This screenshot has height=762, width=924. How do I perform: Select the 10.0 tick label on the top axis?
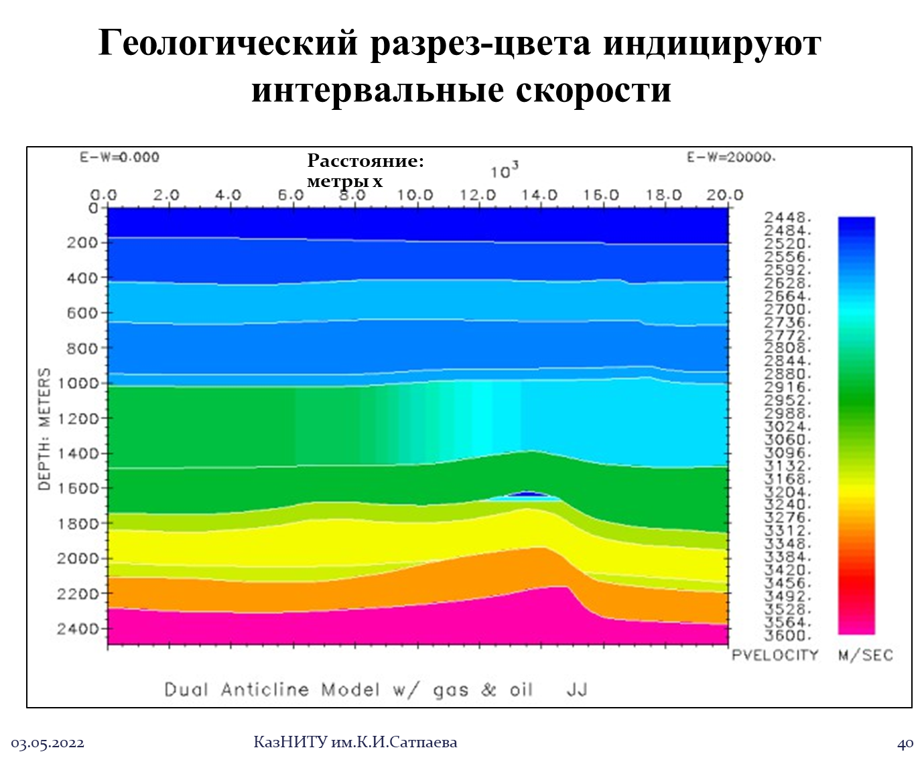pos(415,195)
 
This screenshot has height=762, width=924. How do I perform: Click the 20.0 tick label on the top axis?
pos(725,195)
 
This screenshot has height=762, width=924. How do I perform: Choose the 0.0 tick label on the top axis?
pos(104,195)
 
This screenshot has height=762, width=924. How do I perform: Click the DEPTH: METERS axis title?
pos(44,429)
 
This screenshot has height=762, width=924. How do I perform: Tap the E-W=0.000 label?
pos(120,157)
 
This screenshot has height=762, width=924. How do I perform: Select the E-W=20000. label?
pos(731,157)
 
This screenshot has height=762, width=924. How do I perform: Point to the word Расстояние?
pos(365,162)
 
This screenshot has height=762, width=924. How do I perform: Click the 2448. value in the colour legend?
pos(788,218)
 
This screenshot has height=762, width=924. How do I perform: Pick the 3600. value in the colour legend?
pos(788,635)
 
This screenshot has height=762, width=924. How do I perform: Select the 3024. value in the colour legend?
pos(788,427)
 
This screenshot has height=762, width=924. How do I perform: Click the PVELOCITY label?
pos(775,655)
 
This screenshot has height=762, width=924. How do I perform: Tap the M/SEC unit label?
pos(866,655)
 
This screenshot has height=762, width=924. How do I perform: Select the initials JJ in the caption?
pos(577,690)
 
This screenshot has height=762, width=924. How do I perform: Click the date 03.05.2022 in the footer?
pos(48,743)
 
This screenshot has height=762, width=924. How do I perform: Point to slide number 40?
pos(905,743)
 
